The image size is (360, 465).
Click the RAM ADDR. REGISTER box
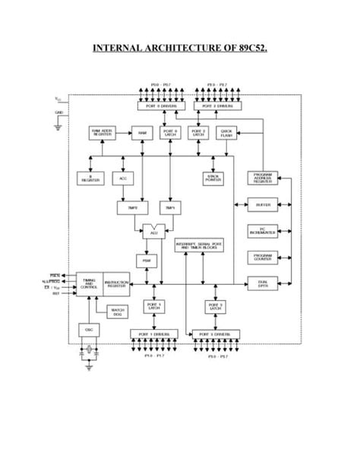pyautogui.click(x=103, y=133)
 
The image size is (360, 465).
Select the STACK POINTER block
pyautogui.click(x=213, y=178)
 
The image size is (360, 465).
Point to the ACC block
pyautogui.click(x=122, y=178)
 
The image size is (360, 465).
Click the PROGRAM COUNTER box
pyautogui.click(x=263, y=257)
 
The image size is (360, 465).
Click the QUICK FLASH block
pyautogui.click(x=226, y=133)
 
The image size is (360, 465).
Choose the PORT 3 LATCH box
pyautogui.click(x=215, y=306)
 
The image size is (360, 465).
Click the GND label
pyautogui.click(x=59, y=113)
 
